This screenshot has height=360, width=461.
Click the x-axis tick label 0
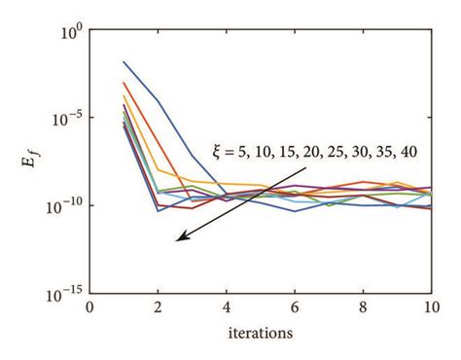tap(90, 308)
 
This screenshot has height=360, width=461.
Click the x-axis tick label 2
tap(159, 308)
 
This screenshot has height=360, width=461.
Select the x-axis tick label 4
tap(227, 308)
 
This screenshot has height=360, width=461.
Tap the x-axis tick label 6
tap(295, 308)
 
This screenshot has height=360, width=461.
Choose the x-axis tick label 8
tap(363, 308)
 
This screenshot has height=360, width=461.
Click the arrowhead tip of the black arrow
tap(177, 243)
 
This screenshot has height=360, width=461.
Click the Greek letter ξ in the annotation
tap(218, 151)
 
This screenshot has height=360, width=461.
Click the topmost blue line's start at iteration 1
tap(124, 62)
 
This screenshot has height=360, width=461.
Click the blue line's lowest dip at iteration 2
tap(159, 211)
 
